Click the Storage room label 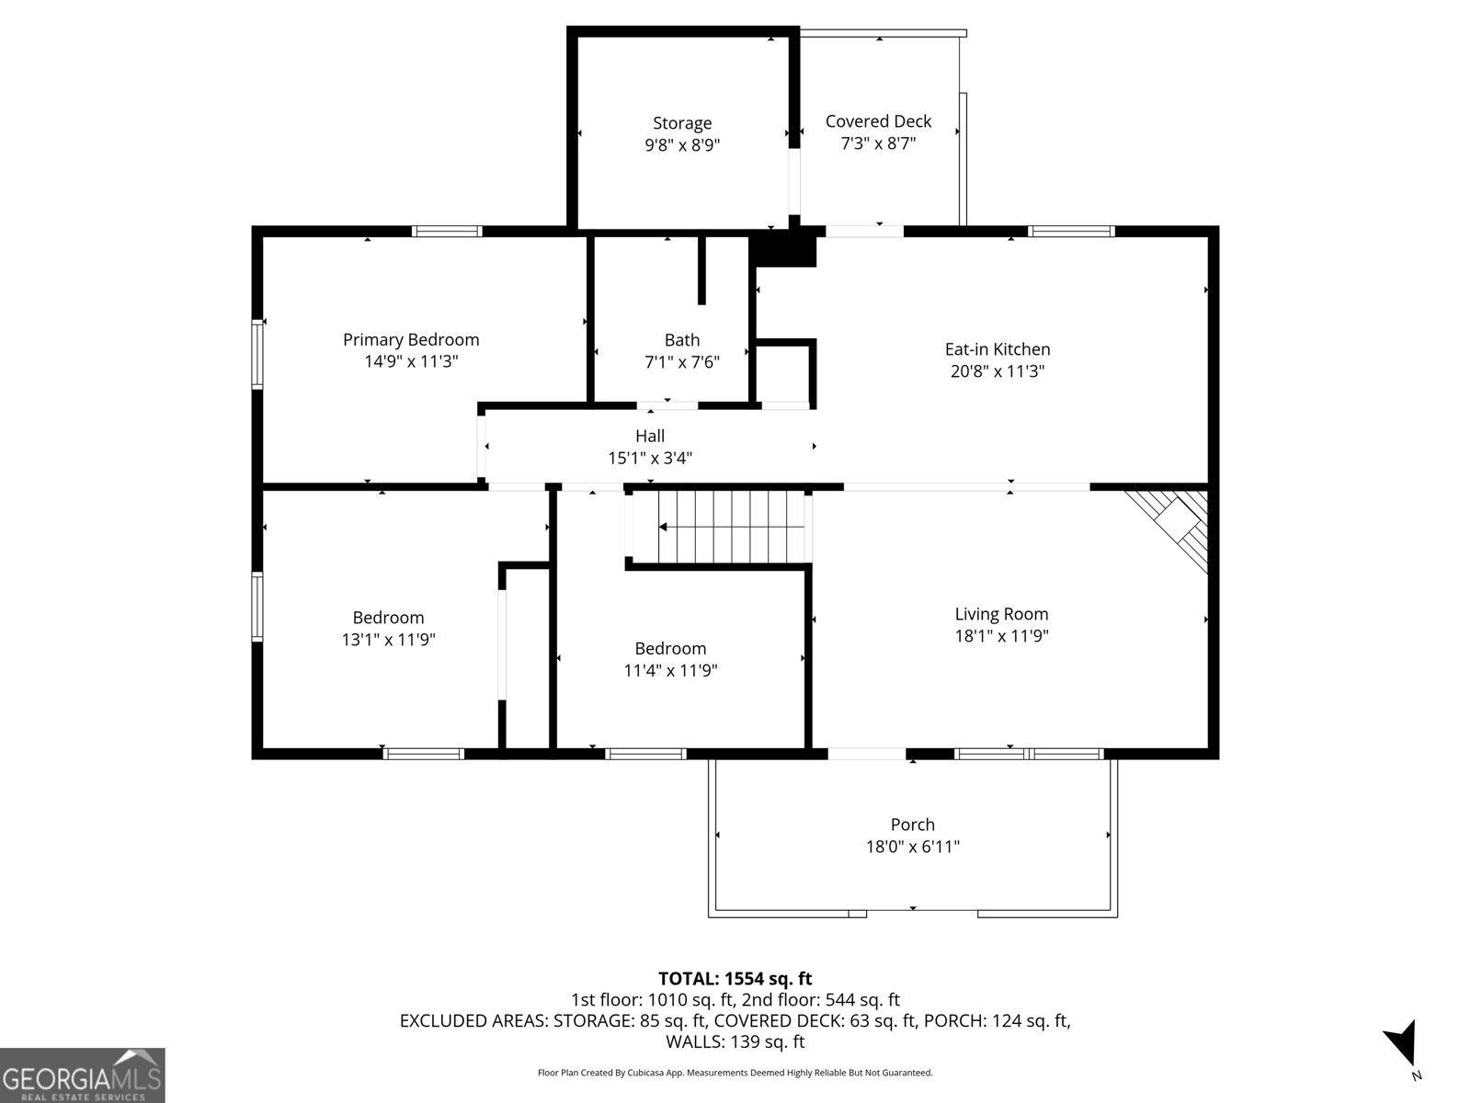click(682, 123)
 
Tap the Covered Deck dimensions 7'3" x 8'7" click(878, 144)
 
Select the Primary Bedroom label click(411, 340)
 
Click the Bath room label click(682, 340)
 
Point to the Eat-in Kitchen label click(998, 349)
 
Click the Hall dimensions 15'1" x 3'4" click(650, 458)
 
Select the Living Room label click(1001, 614)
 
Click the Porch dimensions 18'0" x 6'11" click(913, 847)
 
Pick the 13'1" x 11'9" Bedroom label click(388, 618)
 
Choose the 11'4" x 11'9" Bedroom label click(670, 649)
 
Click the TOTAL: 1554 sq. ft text click(735, 979)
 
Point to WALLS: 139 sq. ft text click(735, 1041)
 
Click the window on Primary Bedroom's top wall click(447, 231)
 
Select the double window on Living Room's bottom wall click(1029, 754)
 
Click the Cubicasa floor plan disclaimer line click(735, 1073)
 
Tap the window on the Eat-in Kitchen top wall click(1071, 231)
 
